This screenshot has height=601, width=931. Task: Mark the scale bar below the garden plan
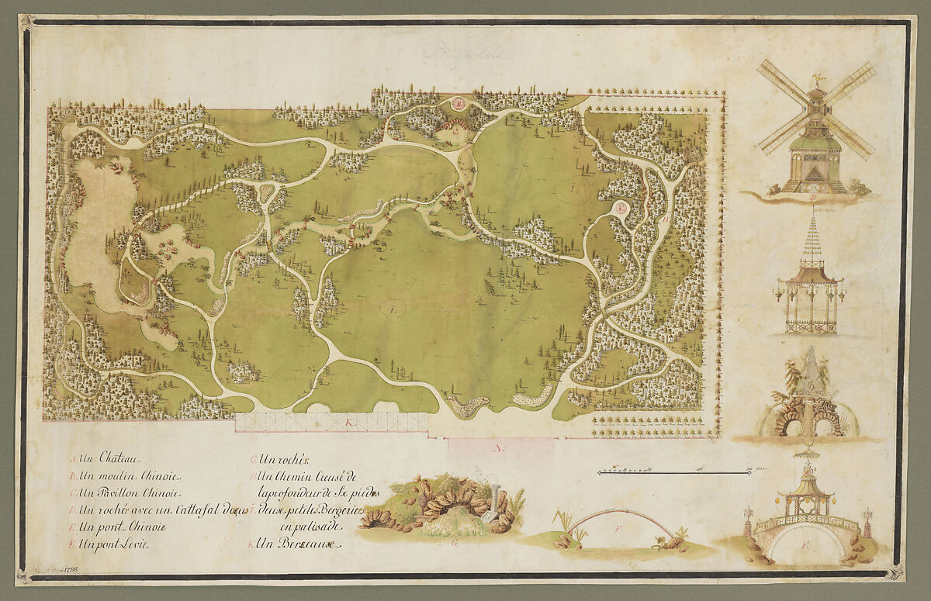[675, 470]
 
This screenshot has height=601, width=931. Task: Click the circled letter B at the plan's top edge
[459, 103]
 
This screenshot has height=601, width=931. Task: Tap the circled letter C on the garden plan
[621, 208]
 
